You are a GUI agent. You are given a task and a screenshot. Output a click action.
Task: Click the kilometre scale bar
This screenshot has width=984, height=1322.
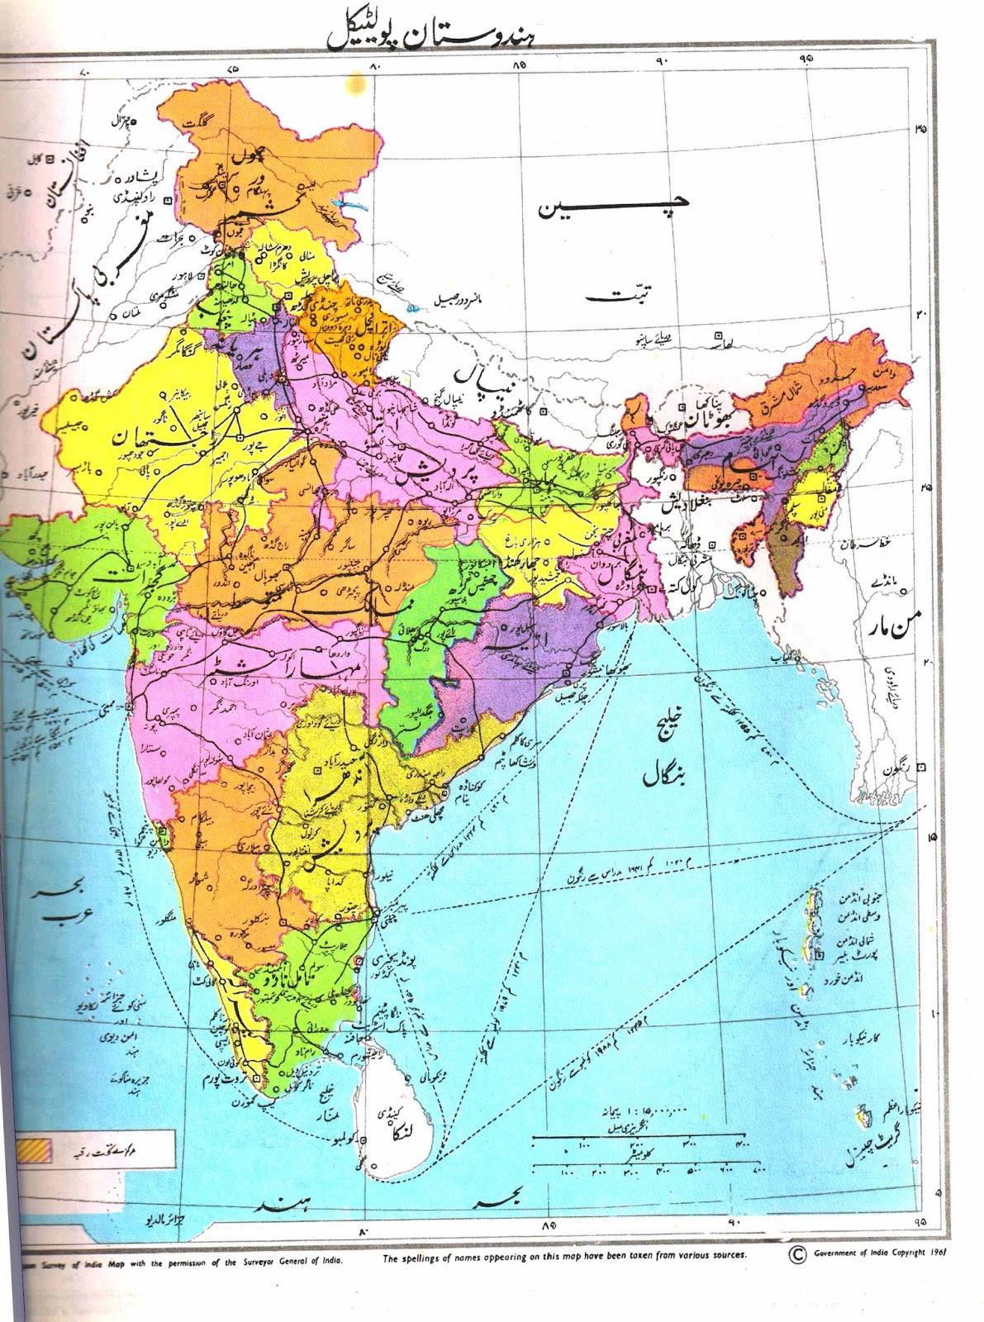pyautogui.click(x=649, y=1166)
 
